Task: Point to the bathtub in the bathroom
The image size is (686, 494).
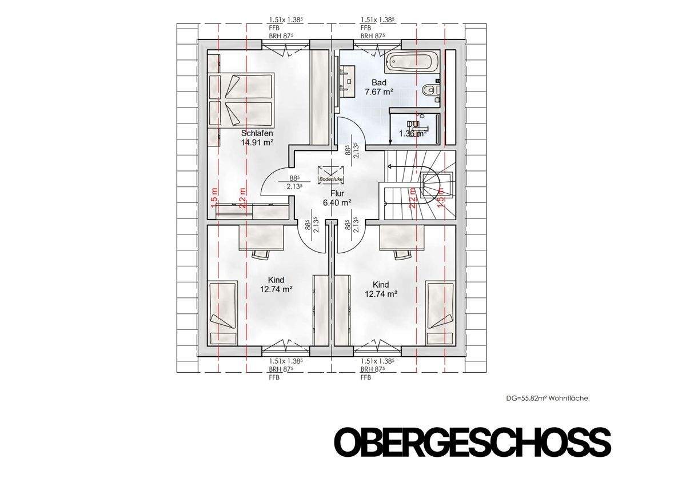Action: click(x=412, y=62)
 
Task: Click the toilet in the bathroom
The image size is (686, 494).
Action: click(x=430, y=90)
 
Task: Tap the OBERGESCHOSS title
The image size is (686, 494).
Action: click(x=472, y=442)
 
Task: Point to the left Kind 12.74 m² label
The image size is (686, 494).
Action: click(x=277, y=285)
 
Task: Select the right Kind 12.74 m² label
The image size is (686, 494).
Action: click(x=381, y=289)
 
